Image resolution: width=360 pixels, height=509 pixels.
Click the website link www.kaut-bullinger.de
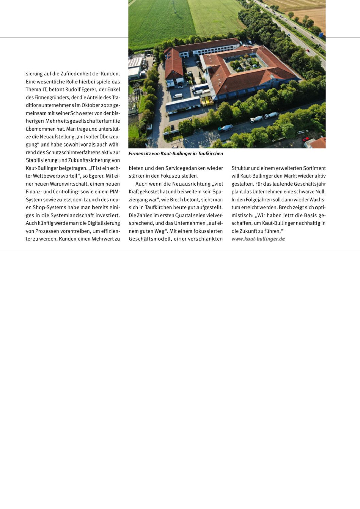click(258, 239)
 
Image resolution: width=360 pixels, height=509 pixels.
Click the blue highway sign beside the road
click(321, 34)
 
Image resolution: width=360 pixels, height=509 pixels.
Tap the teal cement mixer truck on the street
click(225, 128)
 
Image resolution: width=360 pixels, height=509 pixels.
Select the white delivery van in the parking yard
click(178, 96)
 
